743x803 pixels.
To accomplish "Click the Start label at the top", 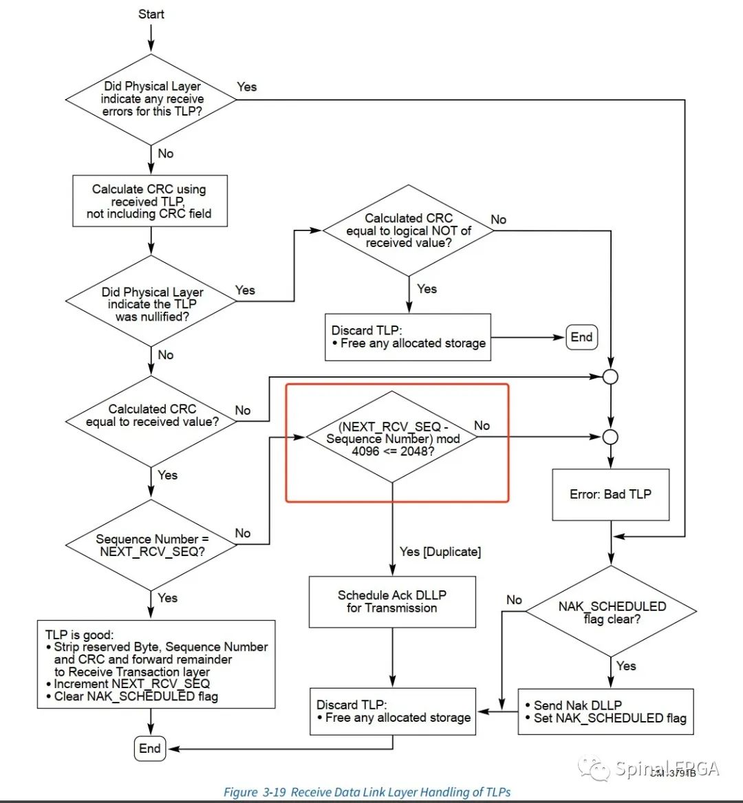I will tap(151, 14).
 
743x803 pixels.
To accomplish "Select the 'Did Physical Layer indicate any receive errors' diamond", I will tap(151, 99).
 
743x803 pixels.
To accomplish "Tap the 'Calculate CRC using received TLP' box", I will tap(150, 201).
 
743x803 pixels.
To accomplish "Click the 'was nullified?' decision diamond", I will tap(151, 303).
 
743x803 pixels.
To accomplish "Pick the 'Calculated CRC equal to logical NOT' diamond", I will tap(409, 231).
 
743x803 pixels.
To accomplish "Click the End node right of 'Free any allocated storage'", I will tap(581, 337).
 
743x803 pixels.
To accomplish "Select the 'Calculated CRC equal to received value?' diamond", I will tap(151, 416).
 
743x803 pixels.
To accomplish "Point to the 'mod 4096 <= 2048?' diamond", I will tap(392, 438).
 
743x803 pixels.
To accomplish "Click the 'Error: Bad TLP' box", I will tap(610, 494).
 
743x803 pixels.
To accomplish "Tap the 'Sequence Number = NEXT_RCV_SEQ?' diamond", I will tap(151, 545).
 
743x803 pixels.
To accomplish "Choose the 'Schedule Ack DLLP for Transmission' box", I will tap(392, 601).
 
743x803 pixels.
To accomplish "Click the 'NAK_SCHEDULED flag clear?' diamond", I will tap(611, 612).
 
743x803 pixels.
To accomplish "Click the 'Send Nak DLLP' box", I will tap(605, 711).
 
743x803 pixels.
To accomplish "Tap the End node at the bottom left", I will tap(149, 749).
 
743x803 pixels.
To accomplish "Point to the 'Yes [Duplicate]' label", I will tap(440, 552).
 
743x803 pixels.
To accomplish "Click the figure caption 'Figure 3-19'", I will tap(367, 792).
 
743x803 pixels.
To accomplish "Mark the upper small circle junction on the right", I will tap(610, 377).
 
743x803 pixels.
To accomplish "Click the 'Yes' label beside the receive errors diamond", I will tap(246, 87).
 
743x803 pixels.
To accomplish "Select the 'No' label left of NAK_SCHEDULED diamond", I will tap(514, 600).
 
